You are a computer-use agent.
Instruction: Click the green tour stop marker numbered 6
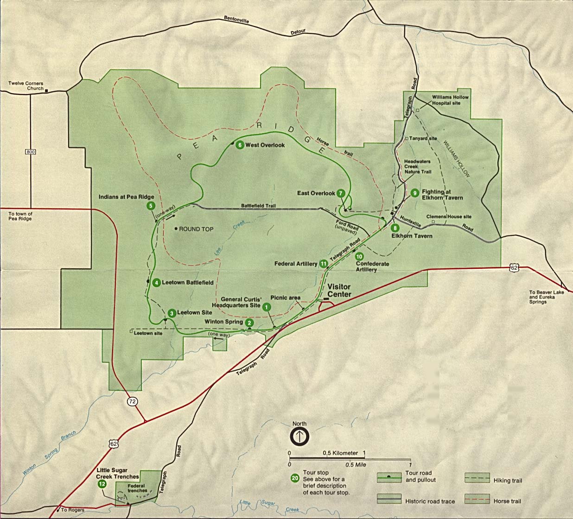[240, 145]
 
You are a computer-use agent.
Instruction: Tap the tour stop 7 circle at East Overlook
[341, 193]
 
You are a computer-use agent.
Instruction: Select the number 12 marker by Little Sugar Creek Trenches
[102, 484]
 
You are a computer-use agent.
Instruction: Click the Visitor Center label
[339, 291]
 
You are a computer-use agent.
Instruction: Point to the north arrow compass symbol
[299, 437]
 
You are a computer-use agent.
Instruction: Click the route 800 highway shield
[31, 152]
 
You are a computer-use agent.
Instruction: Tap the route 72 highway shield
[133, 401]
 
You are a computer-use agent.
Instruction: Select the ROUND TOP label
[196, 229]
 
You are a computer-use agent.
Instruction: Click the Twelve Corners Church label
[26, 86]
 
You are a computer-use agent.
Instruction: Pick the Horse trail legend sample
[477, 499]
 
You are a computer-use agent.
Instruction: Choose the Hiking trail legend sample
[477, 478]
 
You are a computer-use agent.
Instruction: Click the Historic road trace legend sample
[389, 499]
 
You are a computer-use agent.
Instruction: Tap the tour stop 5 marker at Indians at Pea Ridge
[150, 206]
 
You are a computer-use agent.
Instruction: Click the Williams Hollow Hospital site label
[450, 100]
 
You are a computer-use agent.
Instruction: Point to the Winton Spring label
[223, 322]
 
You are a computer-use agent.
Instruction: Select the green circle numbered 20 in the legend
[295, 478]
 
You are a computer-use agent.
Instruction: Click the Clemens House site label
[448, 216]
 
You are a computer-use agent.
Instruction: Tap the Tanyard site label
[423, 138]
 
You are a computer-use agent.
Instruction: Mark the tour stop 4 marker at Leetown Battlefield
[157, 283]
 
